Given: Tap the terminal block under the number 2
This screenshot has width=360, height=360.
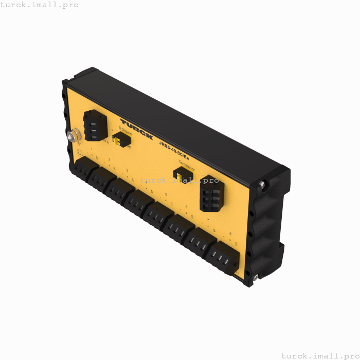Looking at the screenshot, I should coord(102,178).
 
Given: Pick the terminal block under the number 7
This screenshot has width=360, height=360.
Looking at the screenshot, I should coord(200,242).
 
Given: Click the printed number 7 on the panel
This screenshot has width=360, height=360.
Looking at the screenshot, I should coord(208,220).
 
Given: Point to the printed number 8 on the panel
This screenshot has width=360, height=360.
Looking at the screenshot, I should coord(230,233).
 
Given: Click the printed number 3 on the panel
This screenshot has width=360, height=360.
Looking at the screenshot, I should coord(127,170).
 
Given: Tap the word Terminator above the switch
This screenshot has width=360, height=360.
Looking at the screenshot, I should coord(187,165).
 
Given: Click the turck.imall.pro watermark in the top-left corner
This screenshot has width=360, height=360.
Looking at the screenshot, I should coord(40,5).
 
